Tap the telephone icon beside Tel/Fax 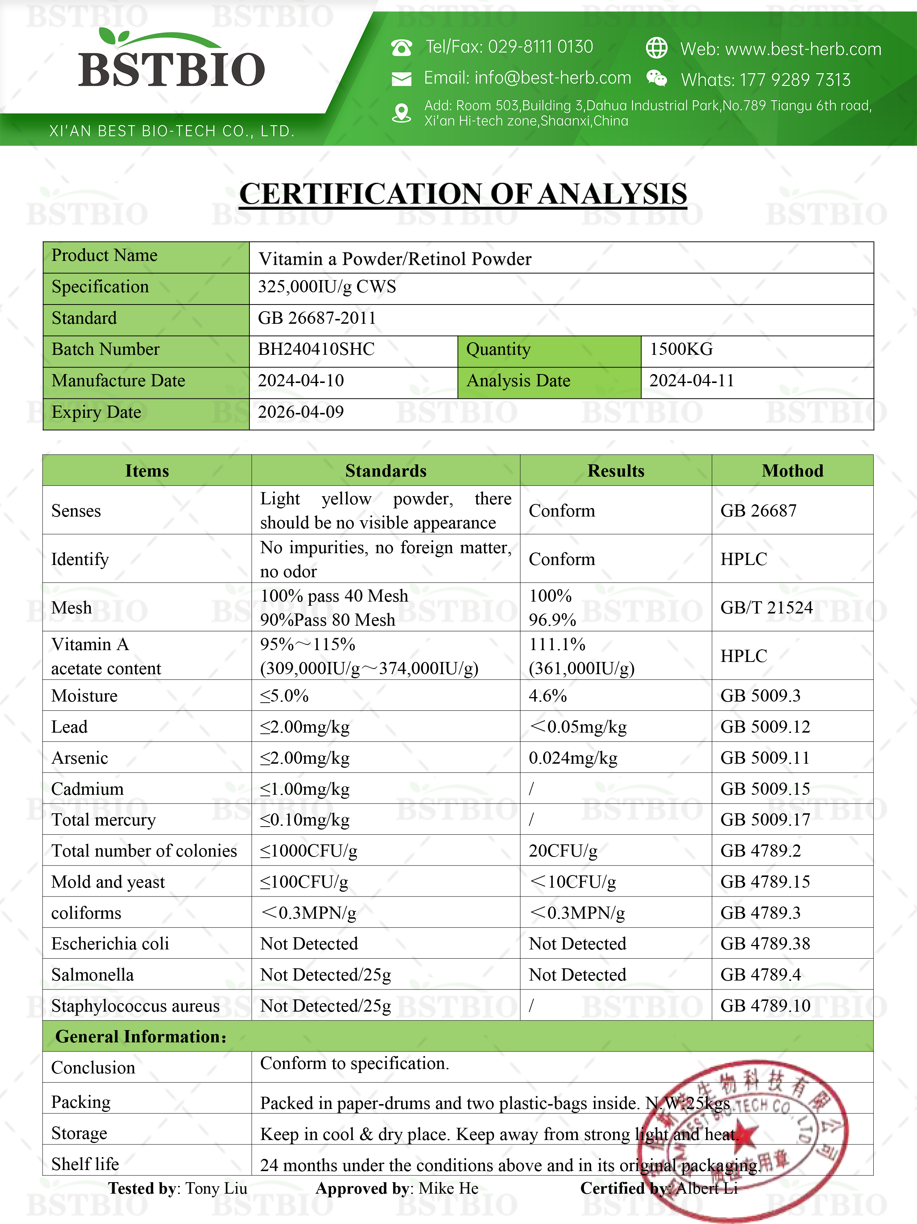(401, 48)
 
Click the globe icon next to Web (656, 48)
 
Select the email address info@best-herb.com (552, 78)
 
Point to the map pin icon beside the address (401, 113)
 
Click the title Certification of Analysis (463, 194)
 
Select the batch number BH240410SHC (316, 349)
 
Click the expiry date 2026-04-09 (300, 412)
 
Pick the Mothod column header (792, 471)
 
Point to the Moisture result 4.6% (547, 696)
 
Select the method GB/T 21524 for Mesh (766, 608)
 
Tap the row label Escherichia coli (110, 944)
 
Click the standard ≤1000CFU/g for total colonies (308, 851)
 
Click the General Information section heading (141, 1036)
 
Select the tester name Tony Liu (216, 1188)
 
